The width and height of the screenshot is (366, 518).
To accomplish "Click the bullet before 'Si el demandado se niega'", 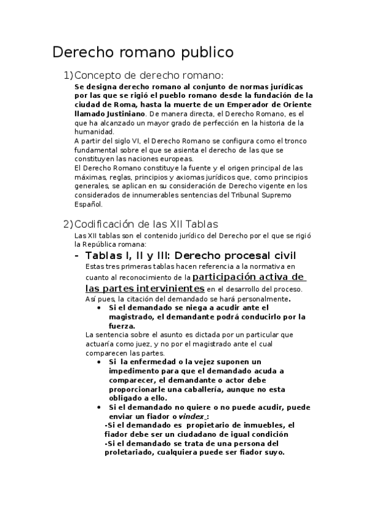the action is coord(99,308).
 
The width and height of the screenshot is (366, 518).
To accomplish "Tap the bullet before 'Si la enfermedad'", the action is coord(99,362).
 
